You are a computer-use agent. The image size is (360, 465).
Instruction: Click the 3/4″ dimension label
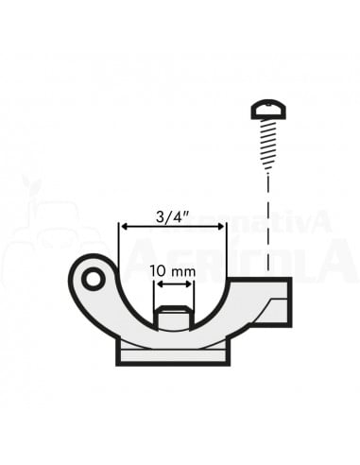pos(172,215)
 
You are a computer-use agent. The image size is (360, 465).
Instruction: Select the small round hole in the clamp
pos(93,280)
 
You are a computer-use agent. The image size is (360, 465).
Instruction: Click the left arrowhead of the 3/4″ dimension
pos(123,227)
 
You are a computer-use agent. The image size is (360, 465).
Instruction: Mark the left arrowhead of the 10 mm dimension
pos(158,284)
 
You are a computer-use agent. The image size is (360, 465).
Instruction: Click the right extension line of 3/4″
pos(226,250)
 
